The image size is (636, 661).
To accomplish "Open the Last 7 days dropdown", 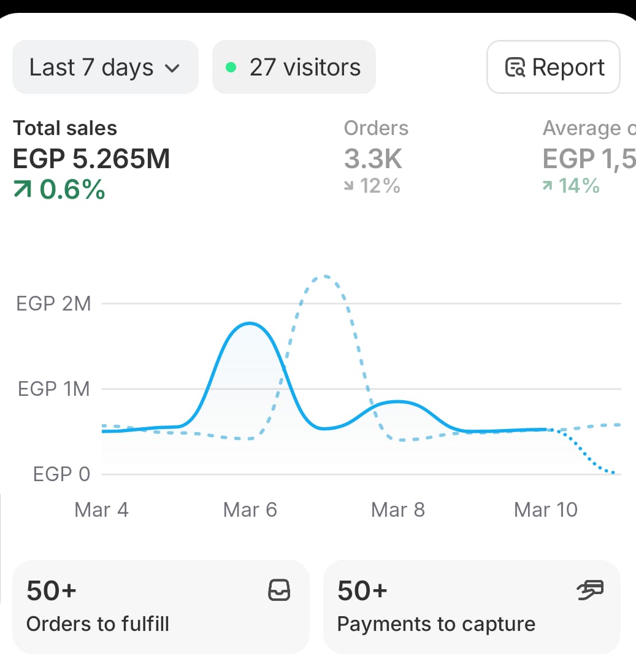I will (x=105, y=67).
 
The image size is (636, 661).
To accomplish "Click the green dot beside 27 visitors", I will (x=231, y=68).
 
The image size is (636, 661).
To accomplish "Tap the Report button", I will (x=553, y=67).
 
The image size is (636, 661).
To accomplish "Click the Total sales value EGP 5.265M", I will (x=91, y=159).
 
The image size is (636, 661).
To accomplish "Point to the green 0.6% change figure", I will (x=59, y=190).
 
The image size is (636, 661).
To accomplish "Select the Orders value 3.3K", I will (x=373, y=159).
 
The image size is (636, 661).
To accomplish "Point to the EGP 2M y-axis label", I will (x=53, y=303).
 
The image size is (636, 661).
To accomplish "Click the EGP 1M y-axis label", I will (x=54, y=389).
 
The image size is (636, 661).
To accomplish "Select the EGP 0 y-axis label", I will (x=61, y=474).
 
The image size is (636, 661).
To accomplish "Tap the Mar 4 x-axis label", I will (x=101, y=510).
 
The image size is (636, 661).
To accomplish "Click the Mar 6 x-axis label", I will (x=250, y=510).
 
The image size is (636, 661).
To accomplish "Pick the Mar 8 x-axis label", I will (x=398, y=510).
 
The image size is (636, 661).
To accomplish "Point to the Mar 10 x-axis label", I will (x=546, y=510).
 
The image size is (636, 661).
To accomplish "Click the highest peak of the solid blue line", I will (x=250, y=323).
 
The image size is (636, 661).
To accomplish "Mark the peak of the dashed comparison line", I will (x=324, y=276).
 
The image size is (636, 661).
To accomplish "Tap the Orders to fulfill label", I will (x=98, y=624).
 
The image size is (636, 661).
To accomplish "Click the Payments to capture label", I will (x=436, y=624).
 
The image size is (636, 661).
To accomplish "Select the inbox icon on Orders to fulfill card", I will (x=280, y=590).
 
